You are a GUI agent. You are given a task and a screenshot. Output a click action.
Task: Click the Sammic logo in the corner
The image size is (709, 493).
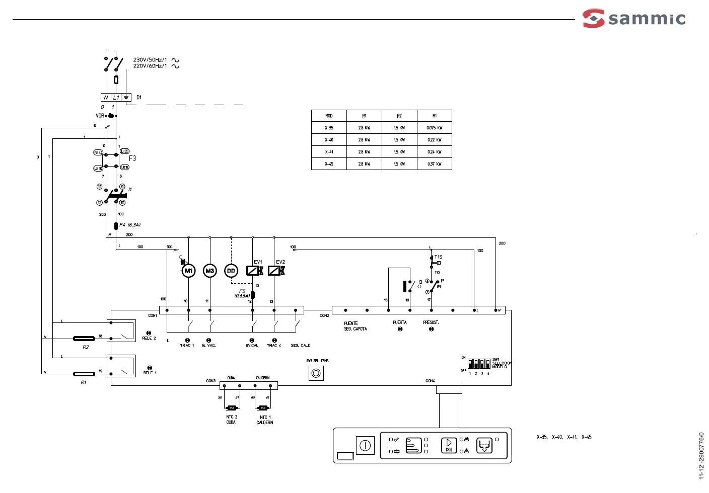pos(634,19)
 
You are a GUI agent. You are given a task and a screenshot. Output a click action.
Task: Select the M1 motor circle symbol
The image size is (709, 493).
pos(188,271)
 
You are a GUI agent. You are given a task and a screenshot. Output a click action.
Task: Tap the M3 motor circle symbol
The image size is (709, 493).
pos(210,271)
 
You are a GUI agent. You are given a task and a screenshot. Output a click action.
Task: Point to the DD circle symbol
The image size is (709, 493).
pos(231,271)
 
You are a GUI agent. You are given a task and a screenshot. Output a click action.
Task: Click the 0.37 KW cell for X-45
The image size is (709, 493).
pos(434,164)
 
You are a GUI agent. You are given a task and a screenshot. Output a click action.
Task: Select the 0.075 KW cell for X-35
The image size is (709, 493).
pos(434,128)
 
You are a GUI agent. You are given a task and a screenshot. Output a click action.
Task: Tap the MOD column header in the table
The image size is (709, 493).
pos(329,116)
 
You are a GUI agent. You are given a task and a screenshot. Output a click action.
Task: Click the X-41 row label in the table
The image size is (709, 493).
pos(329,152)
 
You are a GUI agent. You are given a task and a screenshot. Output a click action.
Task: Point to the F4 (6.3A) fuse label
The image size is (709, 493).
pos(130,225)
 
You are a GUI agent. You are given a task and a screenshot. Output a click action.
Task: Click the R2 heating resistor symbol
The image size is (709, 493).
pos(84,339)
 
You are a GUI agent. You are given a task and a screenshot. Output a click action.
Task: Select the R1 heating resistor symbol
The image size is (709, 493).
pos(84,374)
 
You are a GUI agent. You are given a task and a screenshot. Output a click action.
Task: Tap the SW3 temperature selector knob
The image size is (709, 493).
pos(316,373)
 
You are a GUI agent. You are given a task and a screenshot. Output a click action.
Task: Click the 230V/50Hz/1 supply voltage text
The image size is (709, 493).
pos(150,60)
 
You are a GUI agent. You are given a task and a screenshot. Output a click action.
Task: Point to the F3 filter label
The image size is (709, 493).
pos(132,158)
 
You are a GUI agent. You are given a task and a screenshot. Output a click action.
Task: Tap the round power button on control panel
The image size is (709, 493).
pos(365,445)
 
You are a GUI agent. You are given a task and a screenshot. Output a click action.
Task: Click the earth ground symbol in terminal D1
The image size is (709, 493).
pos(126,97)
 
